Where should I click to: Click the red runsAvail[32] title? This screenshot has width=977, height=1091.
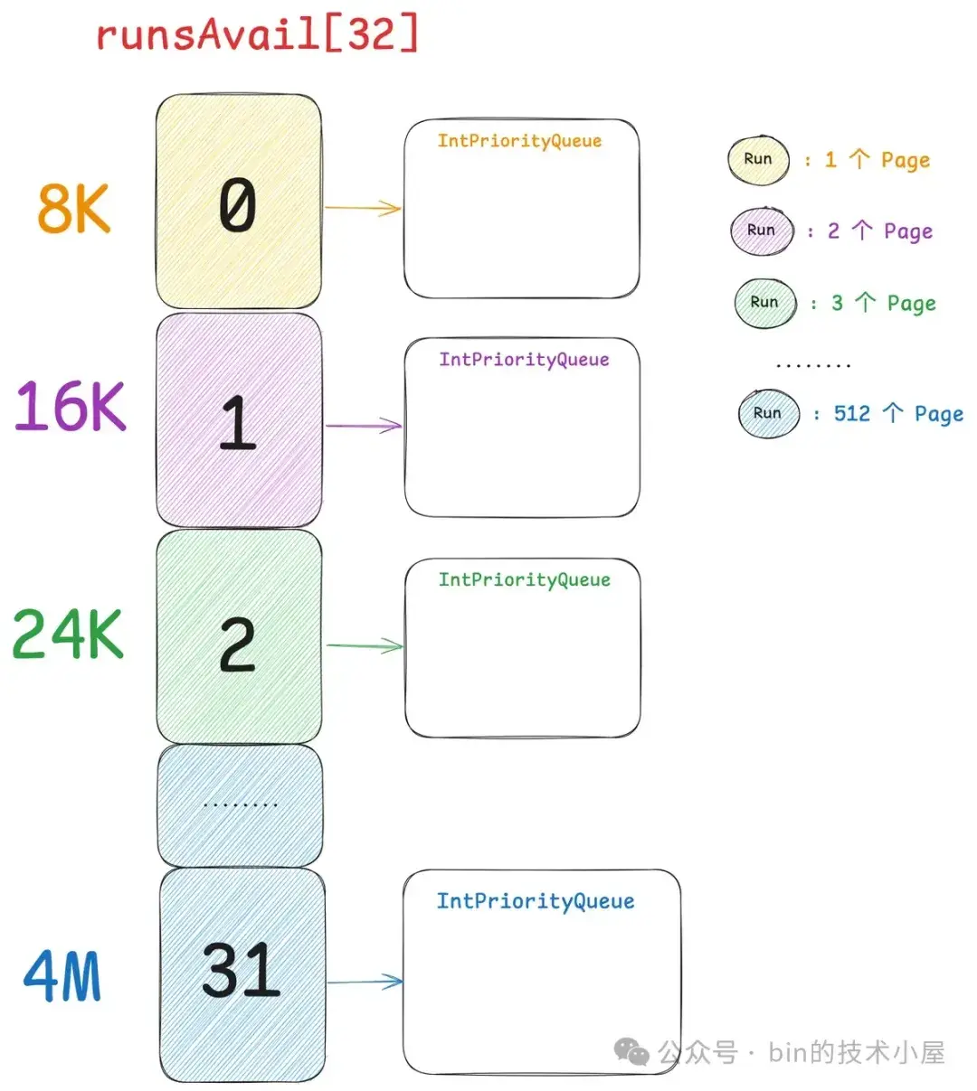click(257, 35)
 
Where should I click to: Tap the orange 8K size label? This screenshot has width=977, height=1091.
click(74, 208)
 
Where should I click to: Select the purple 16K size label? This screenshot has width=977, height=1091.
click(71, 406)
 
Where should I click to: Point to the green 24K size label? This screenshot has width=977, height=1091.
click(68, 634)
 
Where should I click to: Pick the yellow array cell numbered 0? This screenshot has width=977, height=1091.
click(239, 203)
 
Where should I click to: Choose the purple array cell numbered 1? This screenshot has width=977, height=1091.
click(239, 421)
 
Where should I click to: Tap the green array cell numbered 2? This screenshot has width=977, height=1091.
click(239, 638)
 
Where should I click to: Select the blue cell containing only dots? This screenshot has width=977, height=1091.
click(240, 804)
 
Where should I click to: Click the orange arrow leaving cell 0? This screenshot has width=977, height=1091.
click(363, 208)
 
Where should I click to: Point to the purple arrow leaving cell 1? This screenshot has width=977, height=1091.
click(364, 425)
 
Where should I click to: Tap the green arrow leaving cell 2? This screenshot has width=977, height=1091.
click(365, 645)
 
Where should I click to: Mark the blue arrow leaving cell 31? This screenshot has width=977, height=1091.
click(365, 982)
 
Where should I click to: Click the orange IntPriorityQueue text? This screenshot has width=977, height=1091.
click(519, 141)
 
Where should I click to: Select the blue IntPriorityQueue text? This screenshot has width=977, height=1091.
click(536, 901)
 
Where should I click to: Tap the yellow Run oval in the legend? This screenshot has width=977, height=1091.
click(758, 160)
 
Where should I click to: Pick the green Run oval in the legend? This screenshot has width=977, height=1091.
click(764, 303)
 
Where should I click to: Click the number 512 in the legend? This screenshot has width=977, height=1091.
click(851, 414)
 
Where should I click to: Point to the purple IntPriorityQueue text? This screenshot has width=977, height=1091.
click(524, 360)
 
